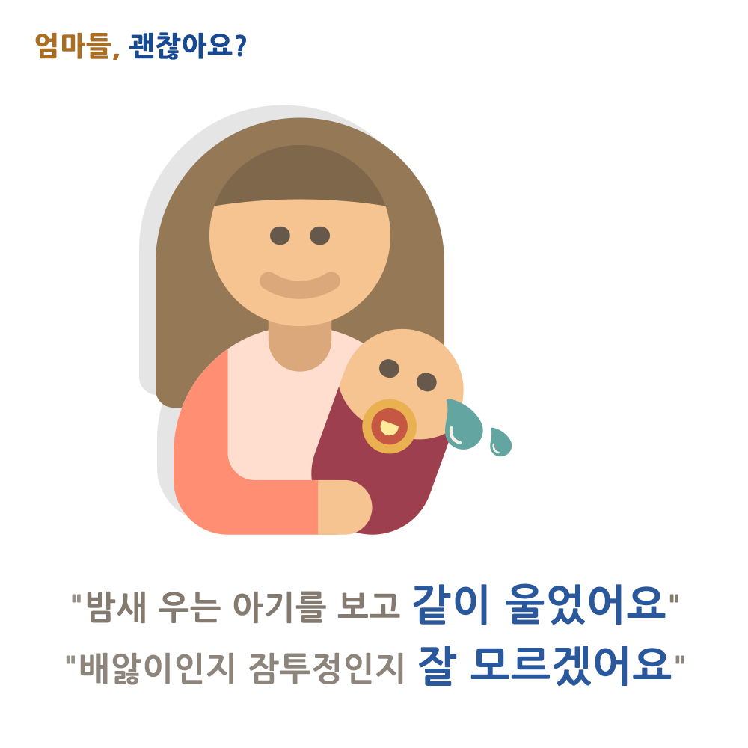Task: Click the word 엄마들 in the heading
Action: pos(73,46)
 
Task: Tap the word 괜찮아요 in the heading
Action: pos(180,46)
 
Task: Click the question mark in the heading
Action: pos(240,46)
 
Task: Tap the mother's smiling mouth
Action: pos(300,285)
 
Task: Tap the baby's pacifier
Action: pos(389,426)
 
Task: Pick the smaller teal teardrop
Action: pos(500,442)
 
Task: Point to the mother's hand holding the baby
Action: pos(344,507)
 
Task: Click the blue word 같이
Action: pos(451,604)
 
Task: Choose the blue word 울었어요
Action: pos(585,604)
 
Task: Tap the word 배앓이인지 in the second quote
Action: pos(157,667)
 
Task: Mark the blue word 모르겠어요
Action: pos(571,665)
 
